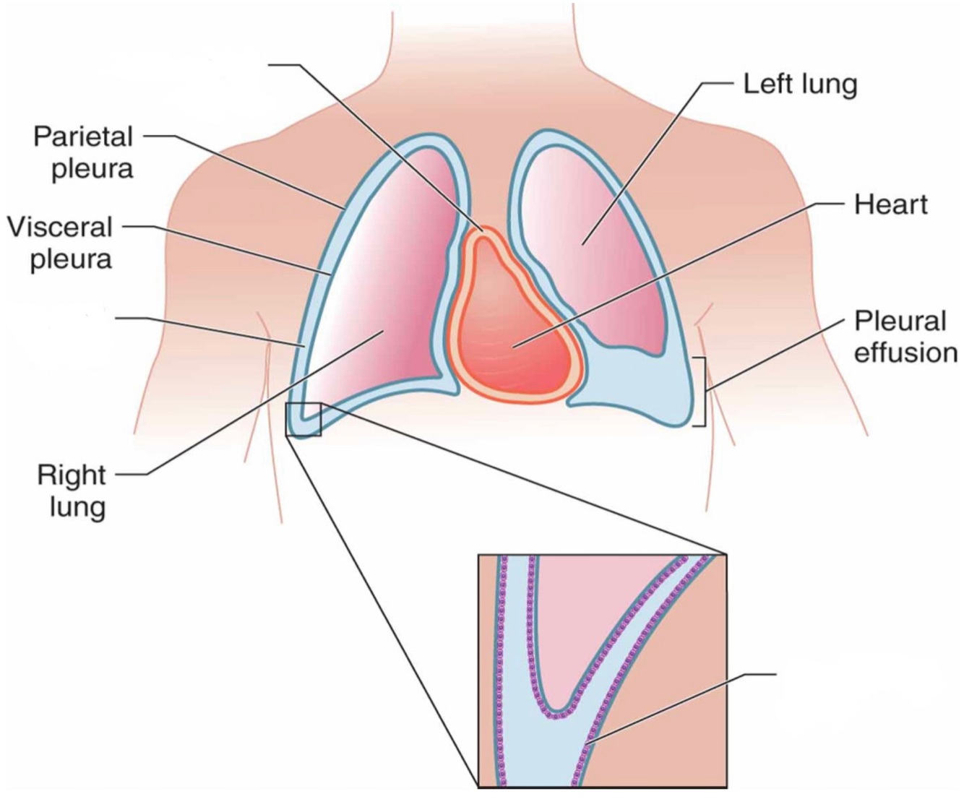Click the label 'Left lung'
(800, 84)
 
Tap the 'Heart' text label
(890, 204)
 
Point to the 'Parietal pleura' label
(83, 152)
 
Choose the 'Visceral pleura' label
(61, 243)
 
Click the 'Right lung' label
(72, 491)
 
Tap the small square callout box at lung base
(303, 420)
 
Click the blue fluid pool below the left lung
(636, 386)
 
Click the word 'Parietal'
(83, 137)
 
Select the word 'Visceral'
(61, 227)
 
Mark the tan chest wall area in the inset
(665, 722)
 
